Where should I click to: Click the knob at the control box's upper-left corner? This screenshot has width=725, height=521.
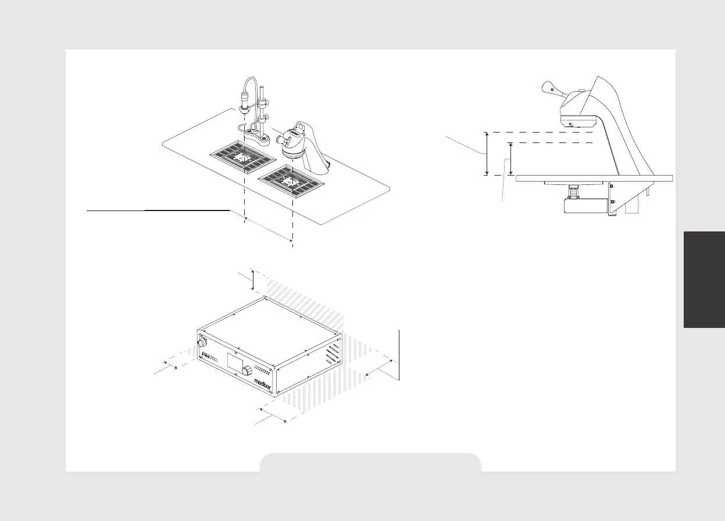click(x=203, y=340)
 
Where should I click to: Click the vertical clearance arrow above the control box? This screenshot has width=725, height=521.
click(x=253, y=280)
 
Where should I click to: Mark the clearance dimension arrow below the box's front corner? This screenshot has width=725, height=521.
click(x=273, y=415)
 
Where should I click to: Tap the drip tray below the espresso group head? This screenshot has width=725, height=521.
click(x=291, y=181)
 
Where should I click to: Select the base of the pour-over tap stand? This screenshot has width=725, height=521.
click(x=253, y=137)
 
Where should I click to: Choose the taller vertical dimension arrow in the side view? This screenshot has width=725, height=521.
click(x=487, y=154)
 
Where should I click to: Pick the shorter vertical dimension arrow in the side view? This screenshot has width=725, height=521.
click(x=510, y=159)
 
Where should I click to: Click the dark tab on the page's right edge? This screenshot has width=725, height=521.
click(x=705, y=279)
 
